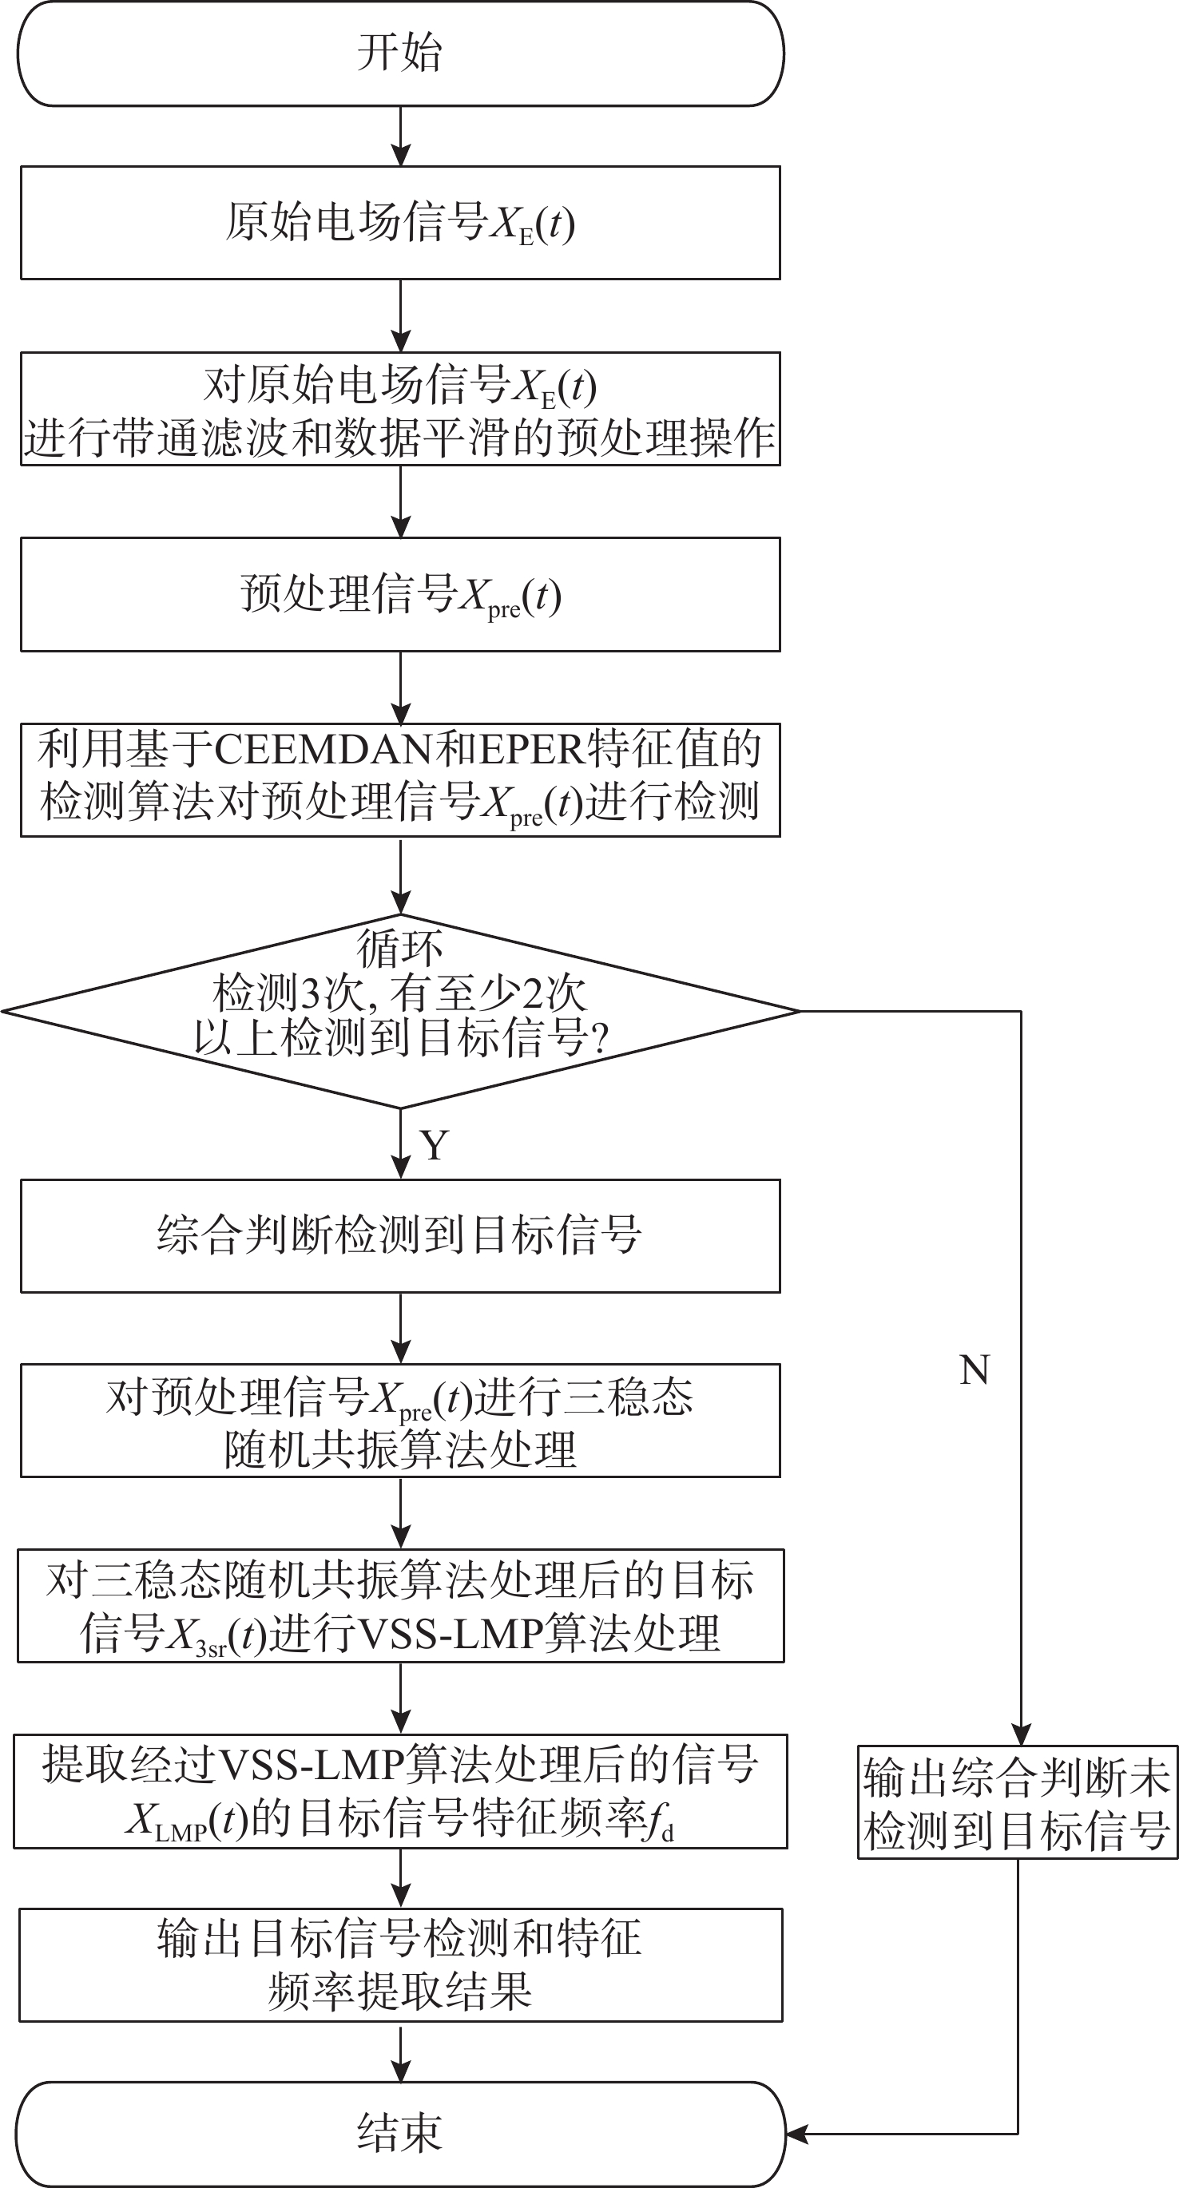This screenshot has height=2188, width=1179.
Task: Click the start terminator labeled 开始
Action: click(400, 53)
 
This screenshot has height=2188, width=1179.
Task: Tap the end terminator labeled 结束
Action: click(400, 2133)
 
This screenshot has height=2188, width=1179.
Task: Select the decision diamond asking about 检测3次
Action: click(400, 1011)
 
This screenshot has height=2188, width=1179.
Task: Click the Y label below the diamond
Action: click(434, 1146)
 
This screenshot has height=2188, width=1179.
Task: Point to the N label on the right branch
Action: click(975, 1370)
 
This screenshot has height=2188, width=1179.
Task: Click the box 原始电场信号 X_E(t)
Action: click(400, 223)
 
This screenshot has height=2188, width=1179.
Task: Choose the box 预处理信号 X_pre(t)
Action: click(400, 595)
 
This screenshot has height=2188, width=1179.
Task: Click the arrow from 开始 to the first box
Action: click(400, 136)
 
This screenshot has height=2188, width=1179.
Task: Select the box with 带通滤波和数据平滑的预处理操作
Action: click(400, 410)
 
